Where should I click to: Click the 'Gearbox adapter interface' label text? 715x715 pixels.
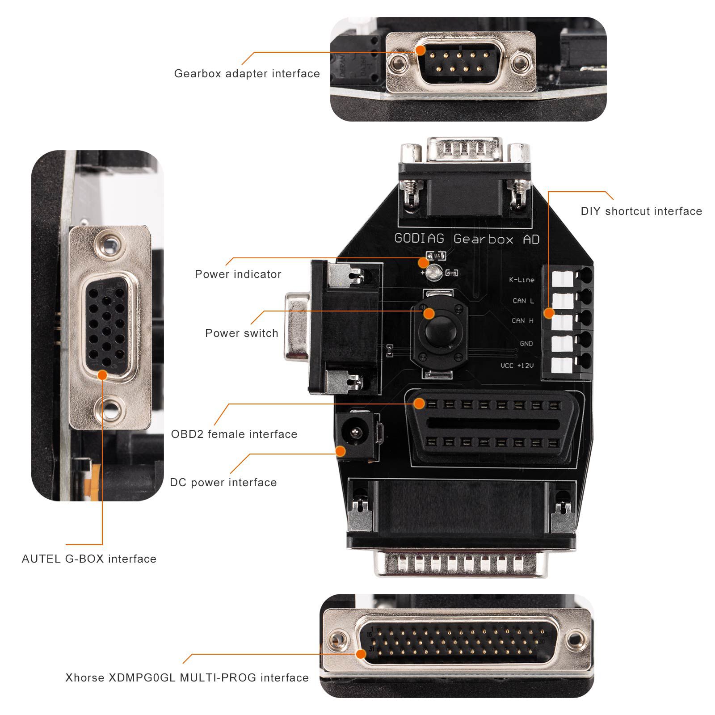point(247,74)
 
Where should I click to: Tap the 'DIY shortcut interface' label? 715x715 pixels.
point(641,211)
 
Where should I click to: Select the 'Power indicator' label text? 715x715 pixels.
point(238,274)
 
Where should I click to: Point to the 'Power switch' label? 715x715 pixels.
point(241,333)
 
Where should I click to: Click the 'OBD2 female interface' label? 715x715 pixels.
point(234,434)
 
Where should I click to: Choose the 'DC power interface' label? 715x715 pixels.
point(223,483)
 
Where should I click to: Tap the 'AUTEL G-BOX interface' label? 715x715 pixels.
point(89,559)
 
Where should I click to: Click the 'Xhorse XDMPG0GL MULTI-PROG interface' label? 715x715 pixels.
point(187,678)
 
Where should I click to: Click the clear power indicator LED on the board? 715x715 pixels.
point(433,273)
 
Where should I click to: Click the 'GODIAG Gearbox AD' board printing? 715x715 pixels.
point(467,239)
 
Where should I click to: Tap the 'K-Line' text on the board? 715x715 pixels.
point(522,280)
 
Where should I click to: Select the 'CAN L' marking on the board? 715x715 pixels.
point(523,301)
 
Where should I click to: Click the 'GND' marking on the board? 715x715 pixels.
point(526,344)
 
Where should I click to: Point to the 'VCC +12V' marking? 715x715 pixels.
point(517,366)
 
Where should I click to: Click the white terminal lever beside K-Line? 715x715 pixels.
point(562,278)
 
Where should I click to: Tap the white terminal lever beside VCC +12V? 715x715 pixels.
point(562,366)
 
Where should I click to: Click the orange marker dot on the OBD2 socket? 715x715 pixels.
point(419,404)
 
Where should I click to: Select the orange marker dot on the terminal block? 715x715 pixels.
point(549,313)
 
